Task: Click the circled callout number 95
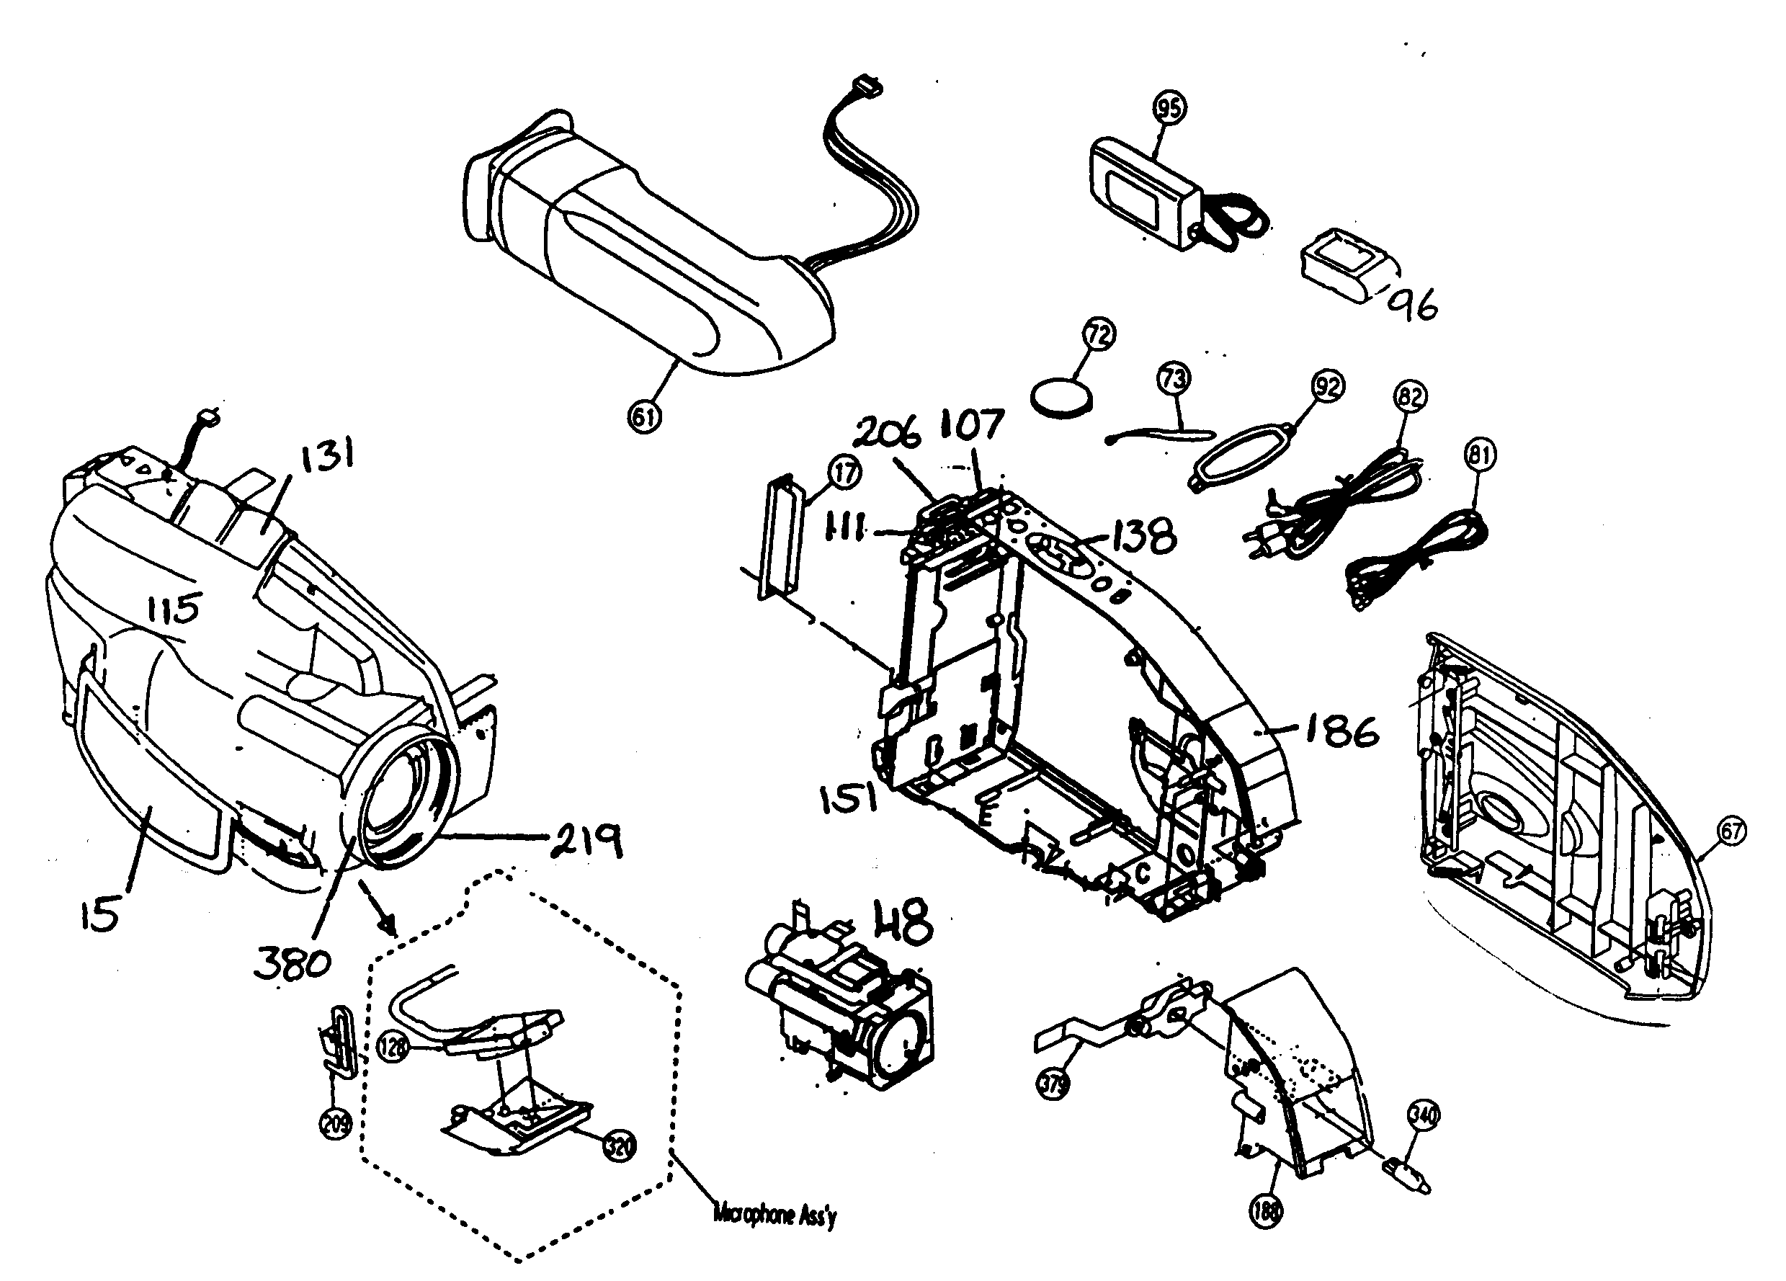tap(1169, 108)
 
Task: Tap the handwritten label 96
tap(1414, 303)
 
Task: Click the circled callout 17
tap(844, 473)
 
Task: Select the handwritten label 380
tap(293, 963)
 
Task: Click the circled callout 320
tap(619, 1147)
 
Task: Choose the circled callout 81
tap(1480, 455)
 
